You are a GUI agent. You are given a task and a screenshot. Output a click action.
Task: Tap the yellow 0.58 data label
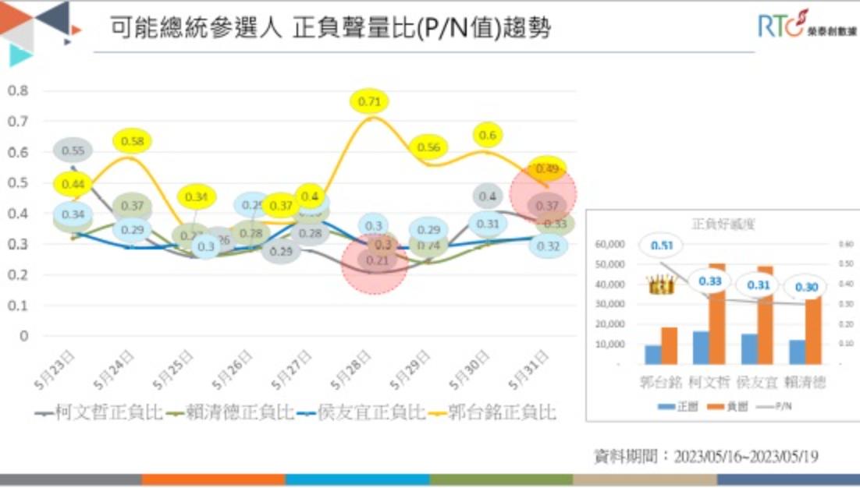[x=133, y=142]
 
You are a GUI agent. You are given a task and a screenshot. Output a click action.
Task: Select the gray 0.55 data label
[x=73, y=150]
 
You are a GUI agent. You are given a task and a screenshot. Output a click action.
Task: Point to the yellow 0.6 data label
[x=487, y=136]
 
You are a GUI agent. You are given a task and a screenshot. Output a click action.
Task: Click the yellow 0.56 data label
[x=428, y=147]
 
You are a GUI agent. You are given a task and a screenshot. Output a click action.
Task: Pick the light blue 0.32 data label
[x=547, y=246]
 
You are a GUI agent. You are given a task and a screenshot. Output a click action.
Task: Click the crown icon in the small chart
[x=661, y=285]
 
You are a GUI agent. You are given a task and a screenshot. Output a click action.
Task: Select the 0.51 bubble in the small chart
[x=661, y=246]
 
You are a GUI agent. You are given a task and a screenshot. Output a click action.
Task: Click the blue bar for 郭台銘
[x=652, y=355]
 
